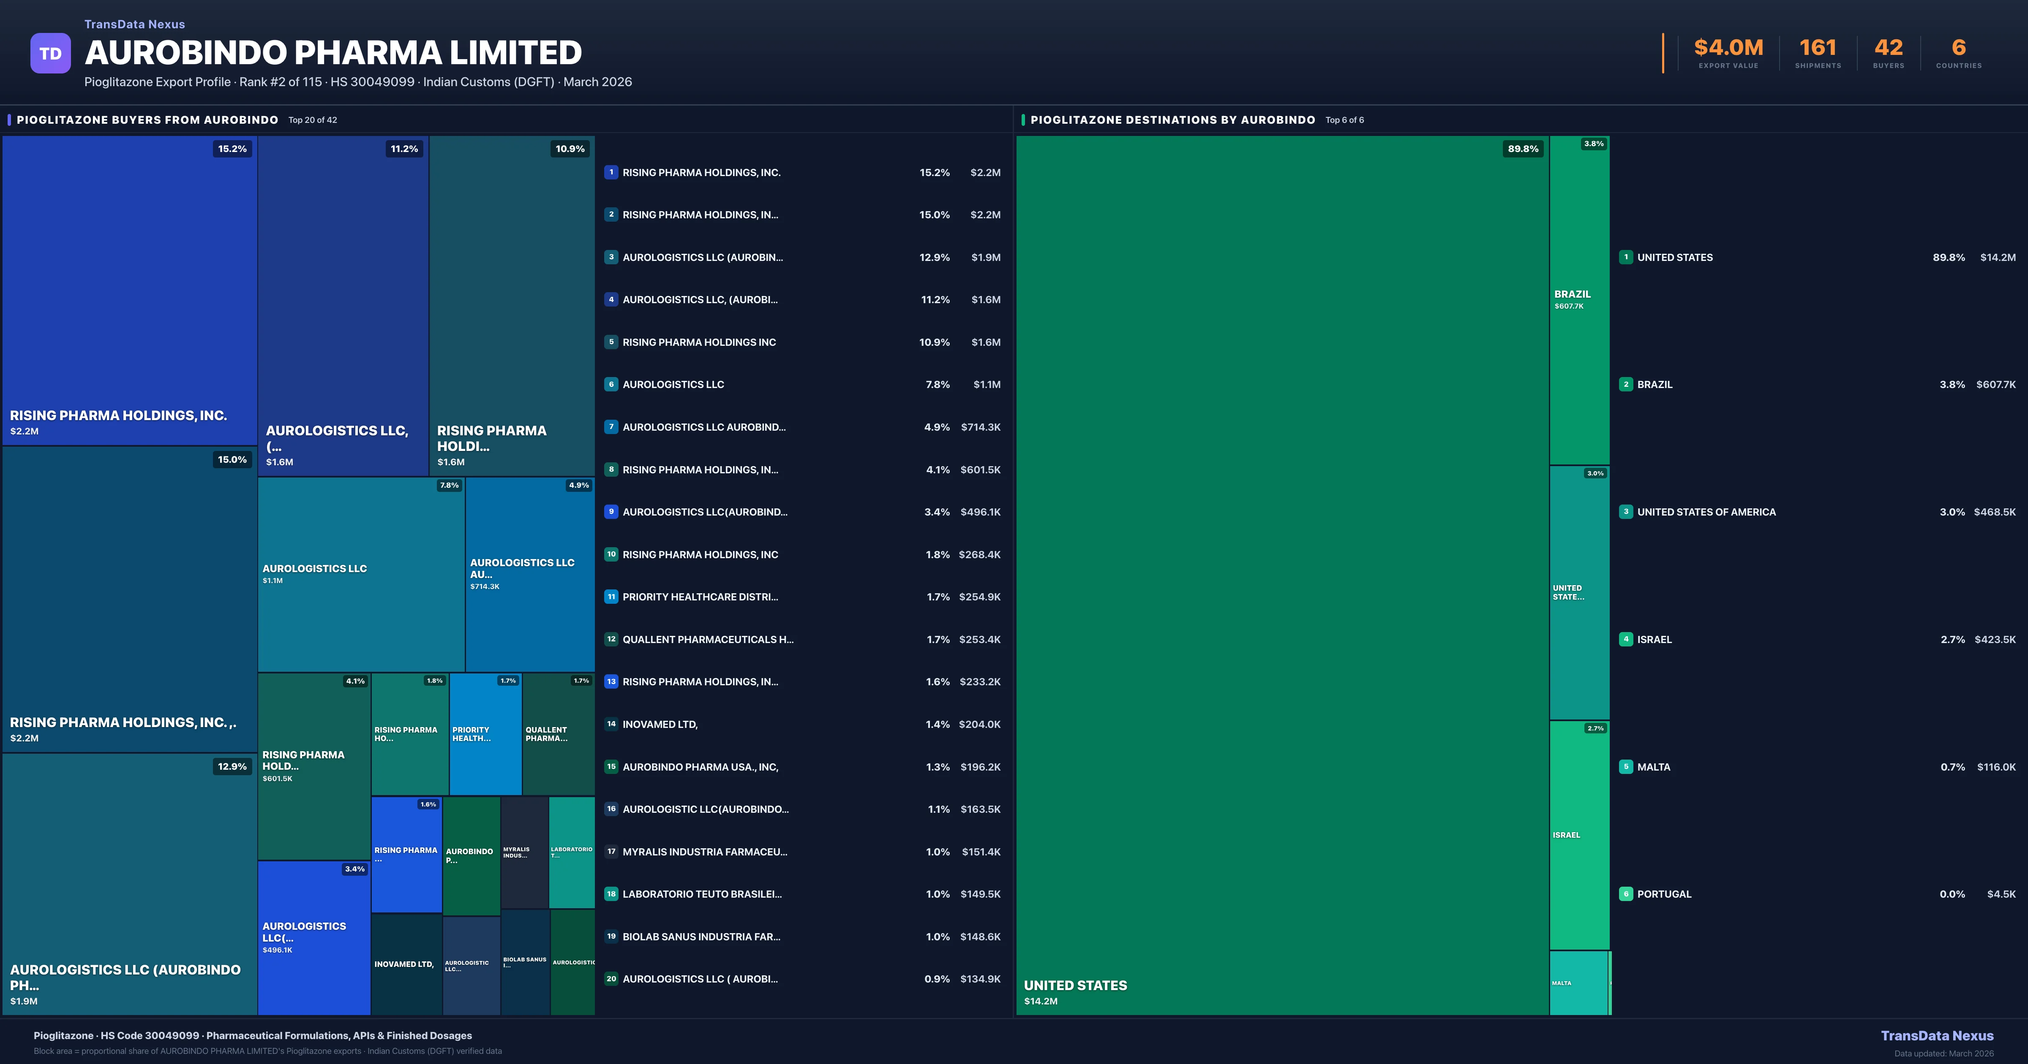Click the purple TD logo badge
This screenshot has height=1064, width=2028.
point(50,54)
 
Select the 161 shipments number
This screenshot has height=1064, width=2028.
point(1818,48)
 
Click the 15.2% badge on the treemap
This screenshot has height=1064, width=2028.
point(232,149)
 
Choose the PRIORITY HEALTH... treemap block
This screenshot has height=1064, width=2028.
point(485,733)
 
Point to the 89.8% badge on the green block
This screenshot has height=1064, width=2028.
point(1523,149)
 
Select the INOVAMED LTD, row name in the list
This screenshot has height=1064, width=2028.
point(660,724)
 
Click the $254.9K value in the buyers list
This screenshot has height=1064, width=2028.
point(979,597)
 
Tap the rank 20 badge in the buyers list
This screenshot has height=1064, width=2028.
point(611,979)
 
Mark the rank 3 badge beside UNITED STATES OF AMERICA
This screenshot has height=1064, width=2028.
point(1626,512)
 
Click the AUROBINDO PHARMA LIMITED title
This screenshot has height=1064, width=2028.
point(333,53)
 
